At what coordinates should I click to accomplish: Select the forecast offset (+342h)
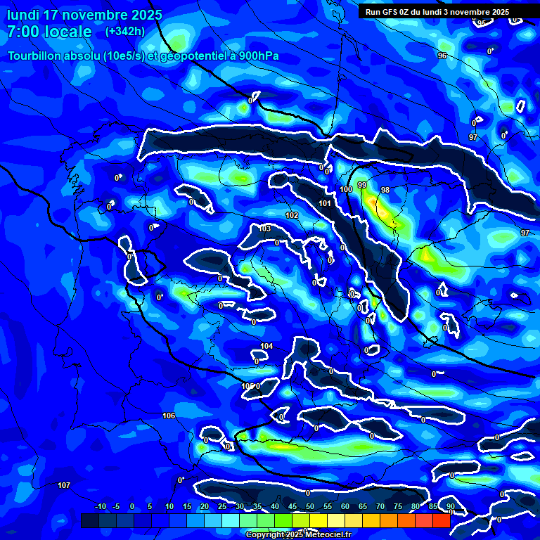(125, 32)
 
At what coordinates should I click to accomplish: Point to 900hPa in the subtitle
(255, 56)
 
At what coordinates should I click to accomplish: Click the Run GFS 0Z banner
(437, 11)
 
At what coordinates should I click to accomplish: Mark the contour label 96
(442, 56)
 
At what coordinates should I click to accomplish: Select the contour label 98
(385, 191)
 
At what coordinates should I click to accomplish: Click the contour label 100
(346, 190)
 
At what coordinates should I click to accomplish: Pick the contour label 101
(325, 204)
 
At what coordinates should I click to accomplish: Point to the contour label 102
(292, 215)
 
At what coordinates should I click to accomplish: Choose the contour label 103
(265, 229)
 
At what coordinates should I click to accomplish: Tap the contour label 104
(266, 346)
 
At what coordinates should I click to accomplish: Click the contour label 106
(169, 416)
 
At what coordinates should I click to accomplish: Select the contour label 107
(64, 486)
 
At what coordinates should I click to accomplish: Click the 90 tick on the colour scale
(450, 507)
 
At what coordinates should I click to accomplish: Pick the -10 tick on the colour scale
(101, 507)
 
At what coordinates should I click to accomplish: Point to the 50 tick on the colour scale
(310, 507)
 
